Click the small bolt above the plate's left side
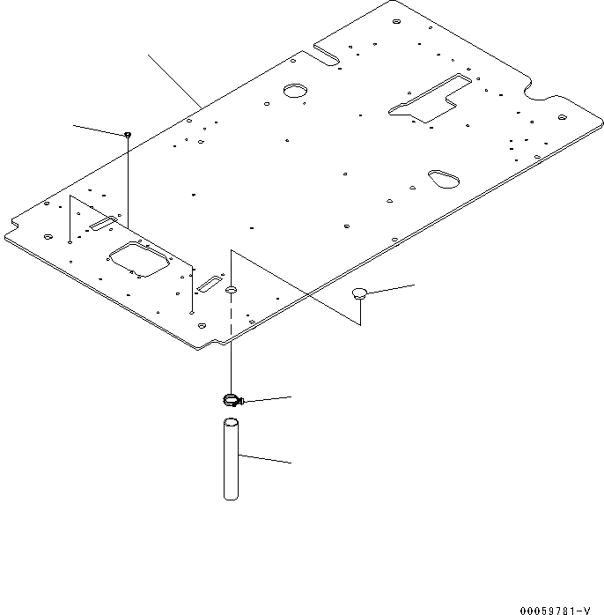tap(129, 134)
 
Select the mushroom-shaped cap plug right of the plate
tap(359, 293)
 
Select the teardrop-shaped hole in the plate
tap(443, 178)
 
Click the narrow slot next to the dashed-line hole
tap(210, 284)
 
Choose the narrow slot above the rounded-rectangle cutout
tap(102, 225)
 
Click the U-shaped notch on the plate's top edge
tap(327, 56)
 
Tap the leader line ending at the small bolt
tap(99, 130)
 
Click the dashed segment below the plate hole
tap(232, 317)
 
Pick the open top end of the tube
tap(231, 423)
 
